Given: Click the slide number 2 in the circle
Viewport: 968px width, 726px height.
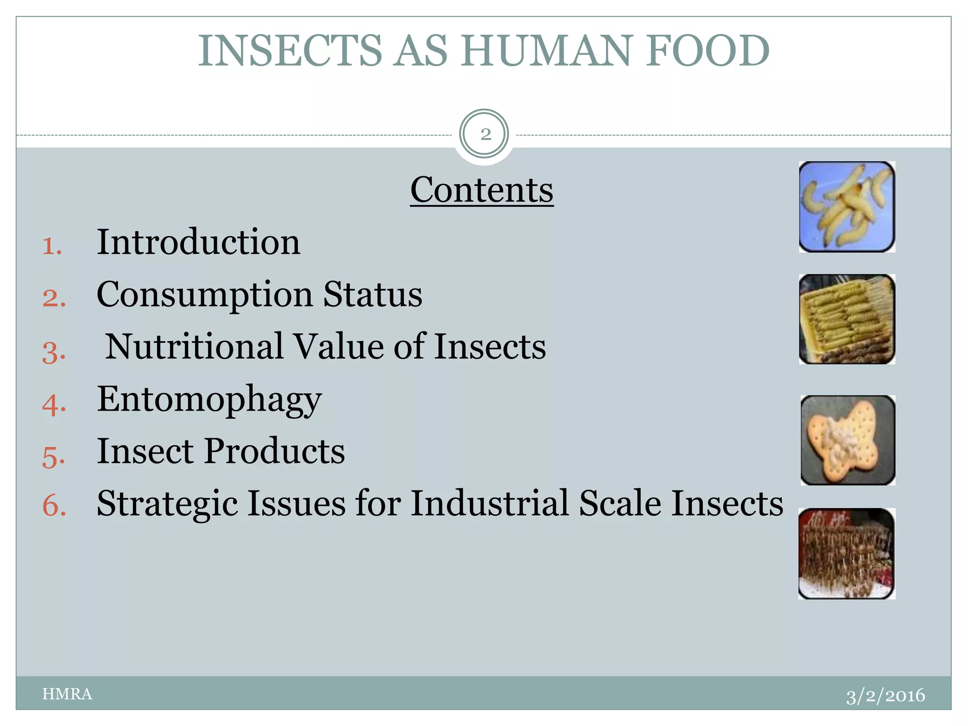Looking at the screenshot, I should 484,135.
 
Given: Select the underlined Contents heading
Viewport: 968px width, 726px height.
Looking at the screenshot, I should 482,190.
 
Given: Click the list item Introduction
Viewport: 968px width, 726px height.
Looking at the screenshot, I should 199,242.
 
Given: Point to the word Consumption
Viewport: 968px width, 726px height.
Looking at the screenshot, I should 205,295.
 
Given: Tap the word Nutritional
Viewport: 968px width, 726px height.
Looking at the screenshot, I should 194,346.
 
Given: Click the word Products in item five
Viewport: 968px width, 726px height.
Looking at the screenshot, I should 275,451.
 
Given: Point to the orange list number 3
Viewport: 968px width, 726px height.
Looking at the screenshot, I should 53,352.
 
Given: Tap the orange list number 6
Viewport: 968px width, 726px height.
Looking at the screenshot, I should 54,505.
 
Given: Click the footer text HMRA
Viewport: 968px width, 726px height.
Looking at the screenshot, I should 67,694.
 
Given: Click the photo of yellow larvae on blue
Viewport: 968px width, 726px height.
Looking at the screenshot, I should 847,207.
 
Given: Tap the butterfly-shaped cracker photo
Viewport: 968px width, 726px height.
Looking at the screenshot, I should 847,440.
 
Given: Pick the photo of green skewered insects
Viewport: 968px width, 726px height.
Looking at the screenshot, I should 847,320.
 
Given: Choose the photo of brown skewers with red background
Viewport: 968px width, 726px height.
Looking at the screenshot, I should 847,553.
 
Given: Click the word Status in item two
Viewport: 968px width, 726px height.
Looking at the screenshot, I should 372,295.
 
